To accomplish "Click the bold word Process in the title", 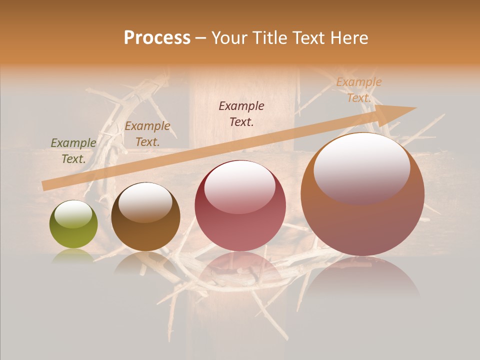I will pos(157,38).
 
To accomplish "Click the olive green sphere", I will pos(73,224).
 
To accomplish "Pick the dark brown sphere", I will pos(145,217).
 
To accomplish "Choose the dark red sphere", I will pos(240,206).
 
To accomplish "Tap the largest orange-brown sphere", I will pos(362,194).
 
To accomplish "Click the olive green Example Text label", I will pos(73,151).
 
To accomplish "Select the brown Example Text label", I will pos(147,134).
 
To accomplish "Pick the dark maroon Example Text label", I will pos(241,114).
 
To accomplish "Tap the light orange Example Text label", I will pos(359,90).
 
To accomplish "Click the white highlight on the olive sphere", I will pos(73,214).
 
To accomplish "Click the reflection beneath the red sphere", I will pos(240,270).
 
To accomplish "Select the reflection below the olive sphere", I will pos(73,256).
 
